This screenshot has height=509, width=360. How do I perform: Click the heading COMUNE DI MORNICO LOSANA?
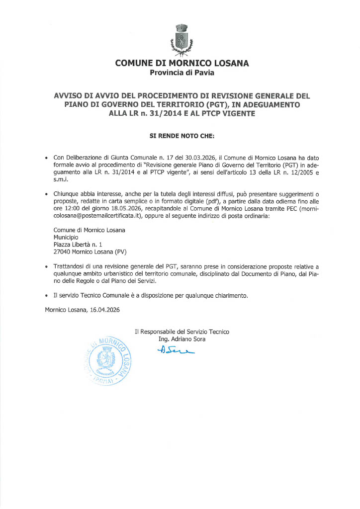click(182, 63)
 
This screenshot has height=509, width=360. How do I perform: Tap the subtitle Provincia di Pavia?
click(182, 73)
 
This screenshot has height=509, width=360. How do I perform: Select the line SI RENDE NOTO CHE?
click(182, 135)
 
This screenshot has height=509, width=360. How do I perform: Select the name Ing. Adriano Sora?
click(181, 339)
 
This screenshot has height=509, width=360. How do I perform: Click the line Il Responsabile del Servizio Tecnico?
click(182, 332)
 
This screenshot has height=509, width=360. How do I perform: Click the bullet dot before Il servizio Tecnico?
click(47, 296)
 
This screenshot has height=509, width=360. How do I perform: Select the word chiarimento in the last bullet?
click(230, 295)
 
